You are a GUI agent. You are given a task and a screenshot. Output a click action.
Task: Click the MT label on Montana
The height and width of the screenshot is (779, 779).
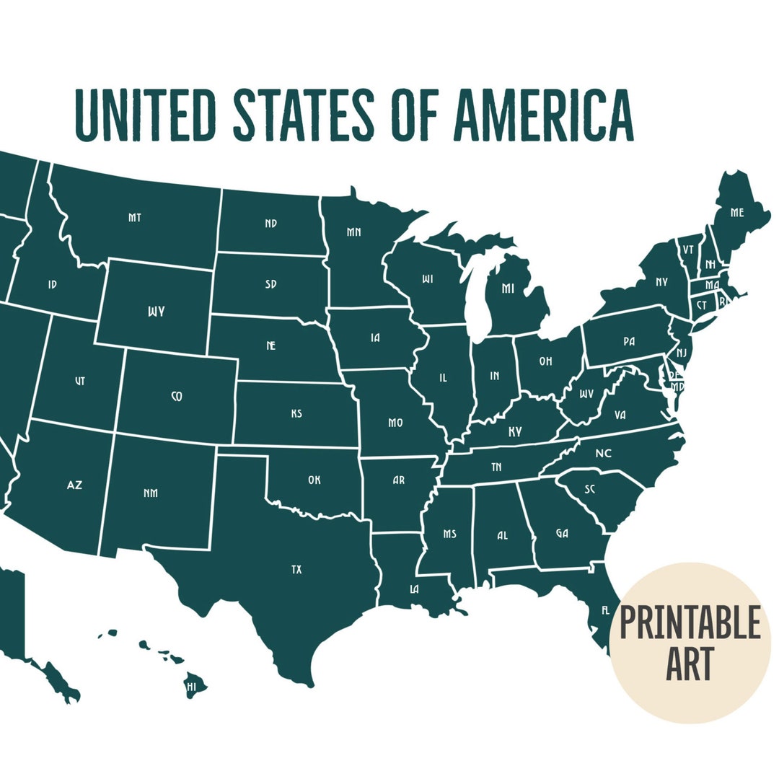pyautogui.click(x=135, y=217)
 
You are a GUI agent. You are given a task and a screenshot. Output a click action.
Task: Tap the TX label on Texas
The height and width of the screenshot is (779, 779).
pyautogui.click(x=296, y=570)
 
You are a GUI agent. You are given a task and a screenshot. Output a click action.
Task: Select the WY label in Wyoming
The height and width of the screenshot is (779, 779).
pyautogui.click(x=156, y=312)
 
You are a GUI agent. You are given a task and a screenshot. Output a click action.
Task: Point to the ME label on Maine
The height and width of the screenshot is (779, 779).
pyautogui.click(x=736, y=213)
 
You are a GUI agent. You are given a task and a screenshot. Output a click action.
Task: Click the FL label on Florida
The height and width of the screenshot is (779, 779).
pyautogui.click(x=605, y=610)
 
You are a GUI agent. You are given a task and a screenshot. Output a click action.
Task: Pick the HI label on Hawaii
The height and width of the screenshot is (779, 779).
pyautogui.click(x=191, y=687)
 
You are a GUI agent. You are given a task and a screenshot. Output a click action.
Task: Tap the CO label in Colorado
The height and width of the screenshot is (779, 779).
pyautogui.click(x=177, y=396)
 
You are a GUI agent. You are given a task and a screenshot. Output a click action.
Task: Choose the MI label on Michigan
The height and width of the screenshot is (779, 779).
pyautogui.click(x=508, y=289)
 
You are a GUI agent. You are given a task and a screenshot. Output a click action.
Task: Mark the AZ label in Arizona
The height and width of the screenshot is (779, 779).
pyautogui.click(x=74, y=485)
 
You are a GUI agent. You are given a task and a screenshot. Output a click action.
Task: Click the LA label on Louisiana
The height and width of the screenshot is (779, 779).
pyautogui.click(x=414, y=589)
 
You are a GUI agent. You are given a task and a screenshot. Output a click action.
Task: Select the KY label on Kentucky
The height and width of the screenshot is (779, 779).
pyautogui.click(x=515, y=431)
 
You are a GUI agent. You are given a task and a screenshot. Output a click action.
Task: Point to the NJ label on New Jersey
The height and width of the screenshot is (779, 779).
pyautogui.click(x=681, y=352)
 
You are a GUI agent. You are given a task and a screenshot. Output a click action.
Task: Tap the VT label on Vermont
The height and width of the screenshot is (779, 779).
pyautogui.click(x=688, y=249)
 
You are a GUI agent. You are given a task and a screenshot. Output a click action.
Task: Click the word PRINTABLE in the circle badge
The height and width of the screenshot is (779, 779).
pyautogui.click(x=690, y=623)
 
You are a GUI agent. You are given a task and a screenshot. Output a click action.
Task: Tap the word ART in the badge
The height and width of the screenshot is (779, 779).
pyautogui.click(x=690, y=664)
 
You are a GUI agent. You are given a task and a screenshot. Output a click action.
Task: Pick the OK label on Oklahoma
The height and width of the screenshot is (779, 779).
pyautogui.click(x=314, y=480)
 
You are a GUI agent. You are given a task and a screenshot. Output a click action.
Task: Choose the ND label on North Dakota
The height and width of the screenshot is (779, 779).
pyautogui.click(x=270, y=224)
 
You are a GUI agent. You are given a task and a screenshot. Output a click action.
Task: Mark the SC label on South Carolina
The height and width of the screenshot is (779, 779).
pyautogui.click(x=590, y=489)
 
